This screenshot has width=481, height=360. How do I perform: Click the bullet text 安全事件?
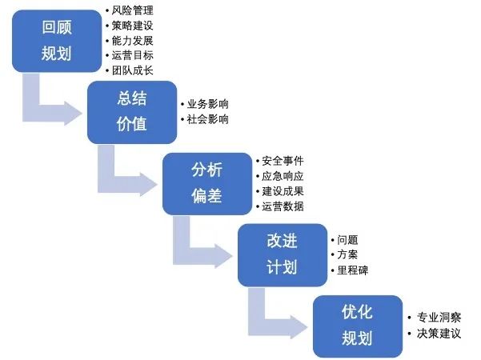click(283, 161)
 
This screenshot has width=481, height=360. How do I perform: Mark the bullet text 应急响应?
click(283, 176)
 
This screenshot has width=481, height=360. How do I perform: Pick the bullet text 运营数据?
click(283, 206)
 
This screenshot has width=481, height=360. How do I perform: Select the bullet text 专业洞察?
click(439, 317)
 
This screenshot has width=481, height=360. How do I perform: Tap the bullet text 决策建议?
click(439, 333)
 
